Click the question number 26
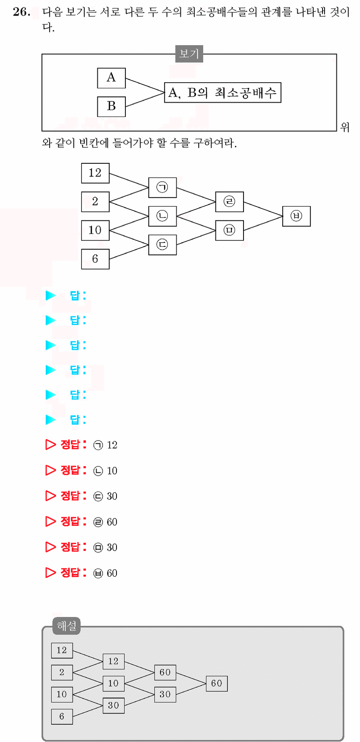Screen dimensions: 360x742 coord(22,12)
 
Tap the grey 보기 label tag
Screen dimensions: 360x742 coord(189,54)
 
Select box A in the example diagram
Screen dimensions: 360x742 coord(111,78)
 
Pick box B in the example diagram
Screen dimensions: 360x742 coord(111,106)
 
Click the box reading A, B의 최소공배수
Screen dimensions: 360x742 coord(222,92)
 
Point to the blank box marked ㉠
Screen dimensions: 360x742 coord(162,187)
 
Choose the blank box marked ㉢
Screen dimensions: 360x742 coord(162,245)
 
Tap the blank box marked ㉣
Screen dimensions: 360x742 coord(229,202)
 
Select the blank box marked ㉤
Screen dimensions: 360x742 coord(229,230)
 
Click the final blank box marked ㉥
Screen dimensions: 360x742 coord(296,216)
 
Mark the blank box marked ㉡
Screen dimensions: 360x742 coord(162,216)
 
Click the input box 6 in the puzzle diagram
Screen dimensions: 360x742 coord(95,259)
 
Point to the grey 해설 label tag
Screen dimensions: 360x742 coord(67,626)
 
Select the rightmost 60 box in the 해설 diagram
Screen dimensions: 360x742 coord(217,683)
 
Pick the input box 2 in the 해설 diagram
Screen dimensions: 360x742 coord(62,672)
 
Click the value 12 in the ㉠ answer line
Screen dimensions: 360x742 coord(112,445)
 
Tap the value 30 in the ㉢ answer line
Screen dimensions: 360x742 coord(112,496)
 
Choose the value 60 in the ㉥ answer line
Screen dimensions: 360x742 coord(112,573)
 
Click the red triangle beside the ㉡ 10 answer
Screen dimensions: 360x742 coord(50,470)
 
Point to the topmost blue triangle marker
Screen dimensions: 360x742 coord(50,295)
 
